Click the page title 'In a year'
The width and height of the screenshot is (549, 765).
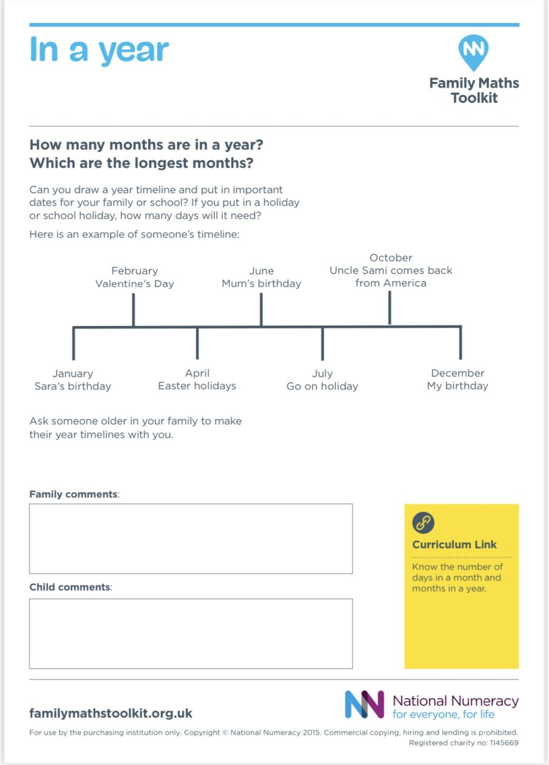[99, 50]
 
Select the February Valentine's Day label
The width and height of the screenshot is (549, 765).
[135, 277]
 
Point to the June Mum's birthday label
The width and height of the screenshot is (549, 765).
[261, 277]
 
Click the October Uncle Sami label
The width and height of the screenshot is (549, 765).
[390, 270]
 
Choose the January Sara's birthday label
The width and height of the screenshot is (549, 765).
[73, 379]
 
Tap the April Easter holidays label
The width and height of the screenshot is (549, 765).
[197, 379]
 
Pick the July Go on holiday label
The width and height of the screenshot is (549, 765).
[322, 380]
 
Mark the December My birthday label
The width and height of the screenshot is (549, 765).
[457, 379]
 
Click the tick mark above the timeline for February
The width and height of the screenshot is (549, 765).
[133, 310]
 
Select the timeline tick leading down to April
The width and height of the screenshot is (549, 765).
[197, 344]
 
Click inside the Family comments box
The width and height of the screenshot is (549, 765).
[191, 539]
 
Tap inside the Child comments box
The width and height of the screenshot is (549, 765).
[191, 633]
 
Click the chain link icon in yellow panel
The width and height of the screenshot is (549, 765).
[423, 522]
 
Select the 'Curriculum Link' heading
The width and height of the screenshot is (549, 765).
[454, 545]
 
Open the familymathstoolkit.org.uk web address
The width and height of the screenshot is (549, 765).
[111, 713]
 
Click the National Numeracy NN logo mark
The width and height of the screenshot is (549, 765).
[364, 704]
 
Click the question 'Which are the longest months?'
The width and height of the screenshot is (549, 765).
[141, 163]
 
